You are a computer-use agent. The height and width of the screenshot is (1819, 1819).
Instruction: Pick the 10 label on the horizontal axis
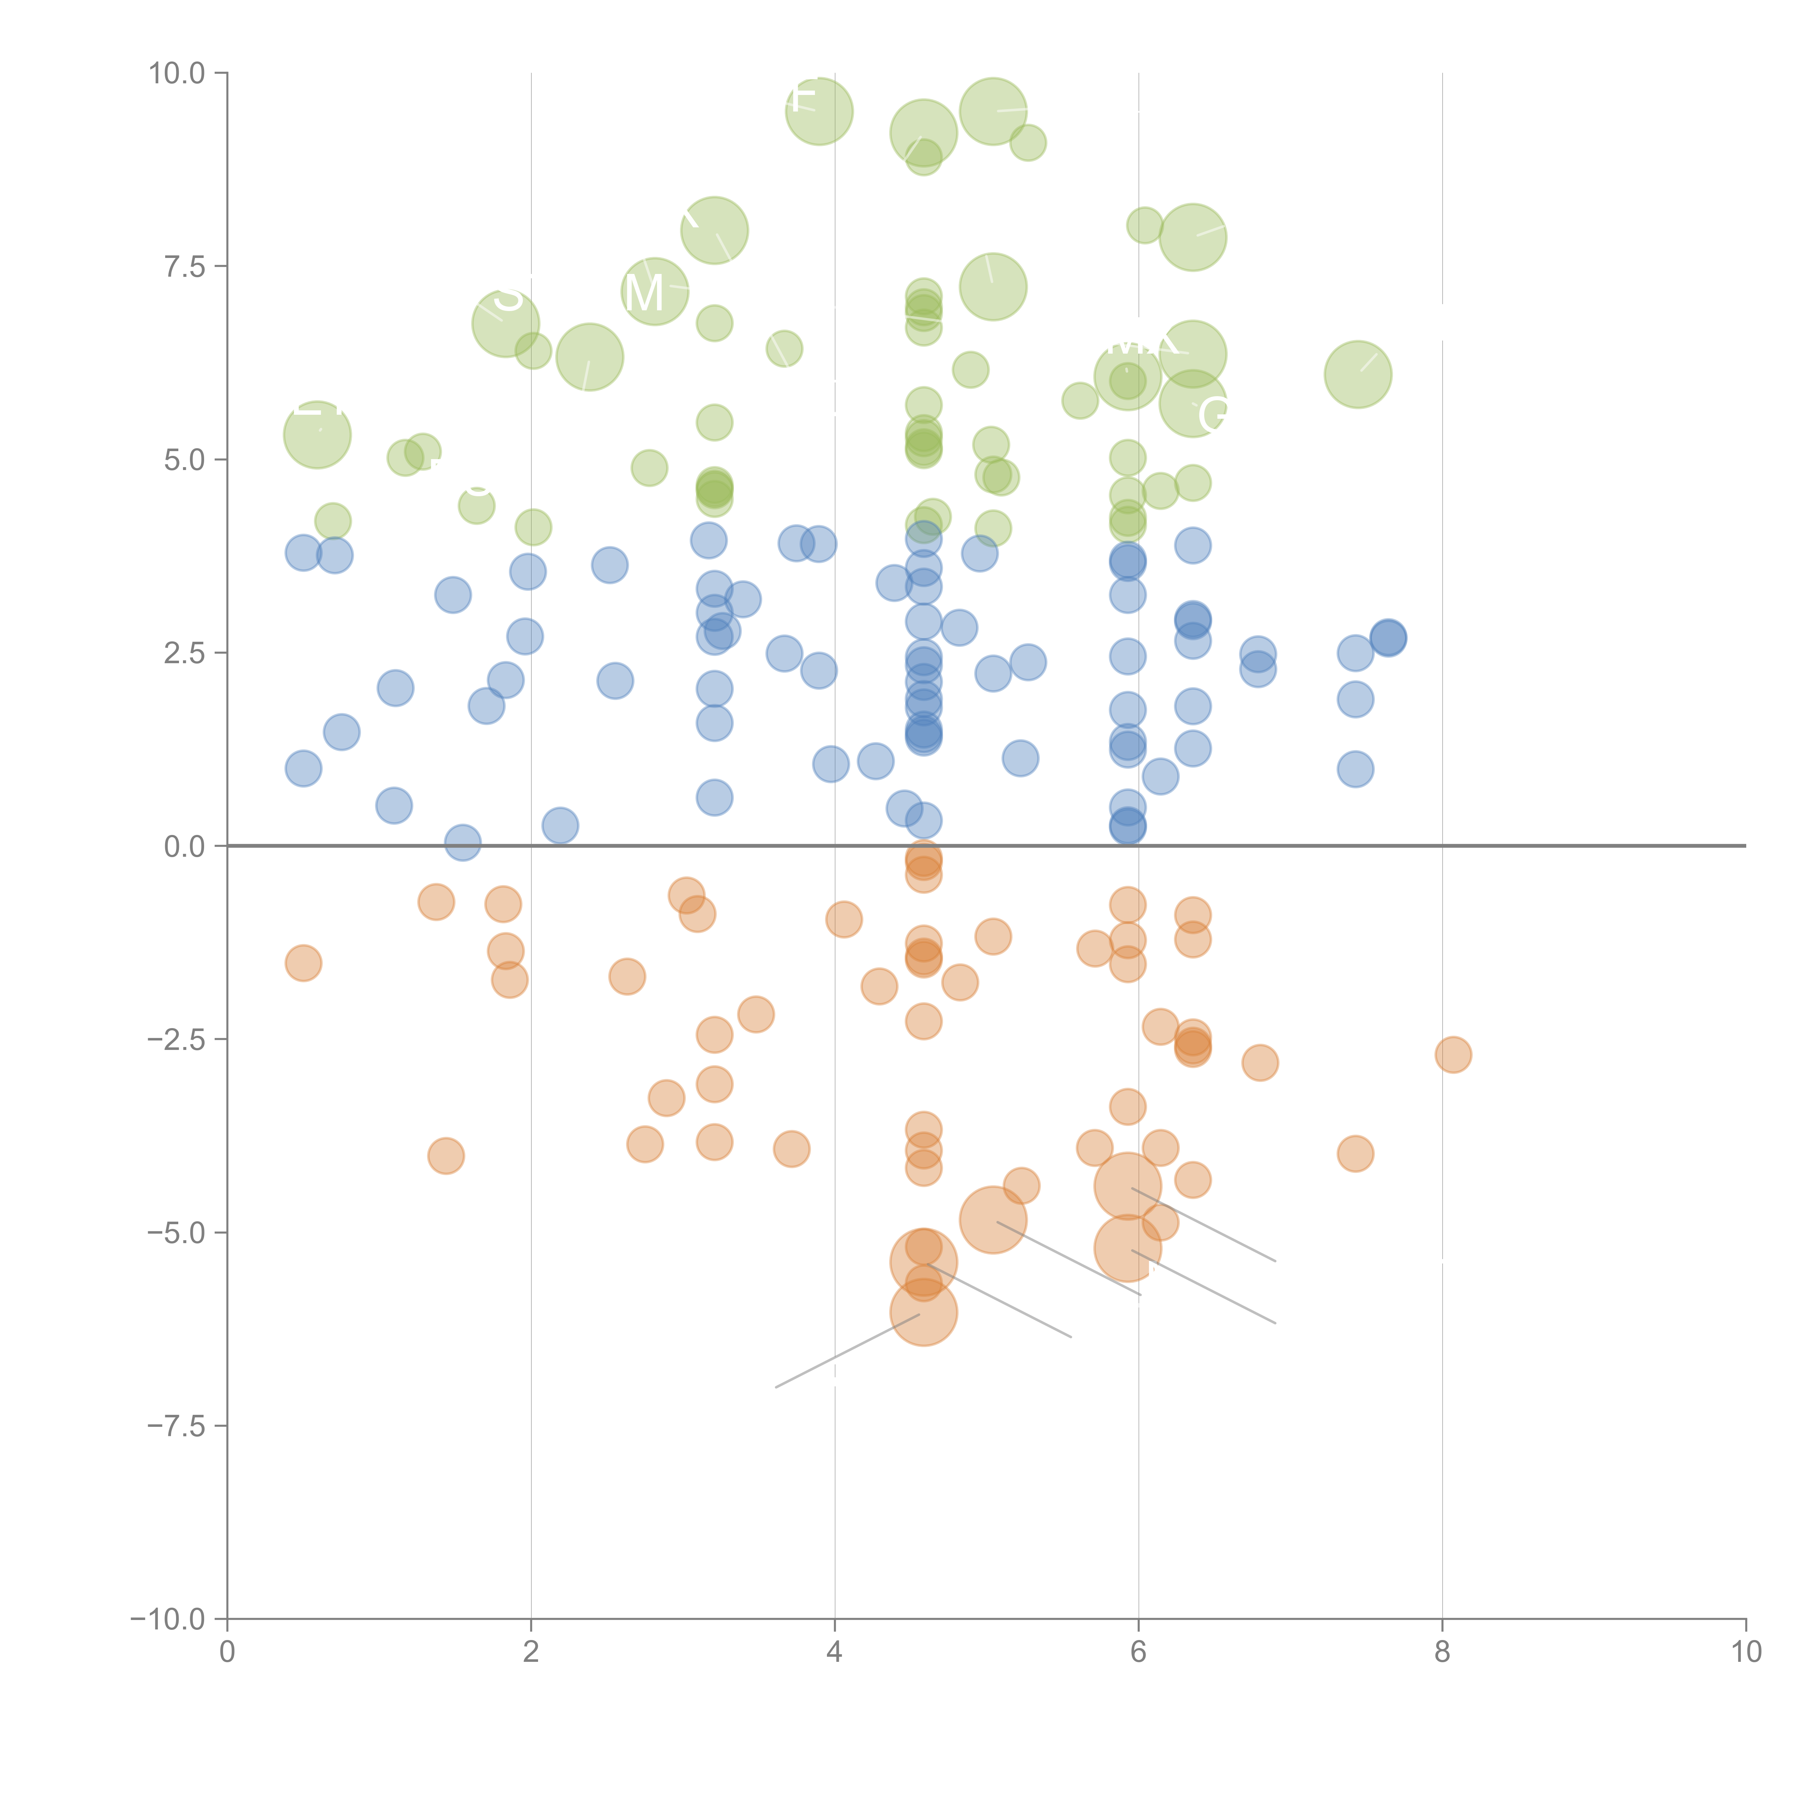tap(1746, 1652)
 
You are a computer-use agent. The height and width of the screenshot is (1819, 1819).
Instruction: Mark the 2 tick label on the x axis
tap(531, 1652)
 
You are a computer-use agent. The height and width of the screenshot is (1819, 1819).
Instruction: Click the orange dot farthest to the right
tap(1453, 1055)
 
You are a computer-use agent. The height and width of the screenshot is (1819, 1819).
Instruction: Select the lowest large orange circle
tap(924, 1313)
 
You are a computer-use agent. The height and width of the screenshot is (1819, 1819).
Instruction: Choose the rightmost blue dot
tap(1388, 638)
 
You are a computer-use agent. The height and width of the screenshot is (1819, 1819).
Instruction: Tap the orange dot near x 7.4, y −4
tap(1355, 1153)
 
